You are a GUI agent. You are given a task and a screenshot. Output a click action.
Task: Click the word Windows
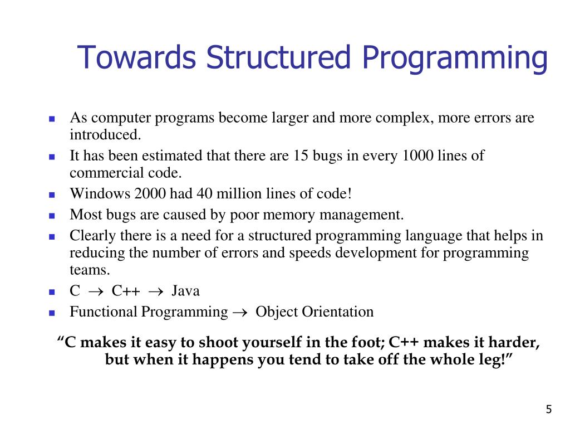coord(92,193)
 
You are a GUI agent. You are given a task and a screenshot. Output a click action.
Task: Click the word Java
coord(185,291)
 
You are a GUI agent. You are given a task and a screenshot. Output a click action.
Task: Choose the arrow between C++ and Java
coord(156,291)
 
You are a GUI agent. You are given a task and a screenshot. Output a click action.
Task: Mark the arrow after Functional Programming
coord(239,313)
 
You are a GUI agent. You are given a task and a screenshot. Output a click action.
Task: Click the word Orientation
coord(337,312)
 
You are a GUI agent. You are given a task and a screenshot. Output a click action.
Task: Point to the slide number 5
coord(549,410)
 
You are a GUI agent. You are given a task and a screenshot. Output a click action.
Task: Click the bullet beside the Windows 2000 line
coord(52,194)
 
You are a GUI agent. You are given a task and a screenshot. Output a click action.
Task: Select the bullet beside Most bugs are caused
coord(52,215)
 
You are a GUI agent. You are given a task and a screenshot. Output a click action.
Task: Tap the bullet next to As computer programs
coord(52,119)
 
